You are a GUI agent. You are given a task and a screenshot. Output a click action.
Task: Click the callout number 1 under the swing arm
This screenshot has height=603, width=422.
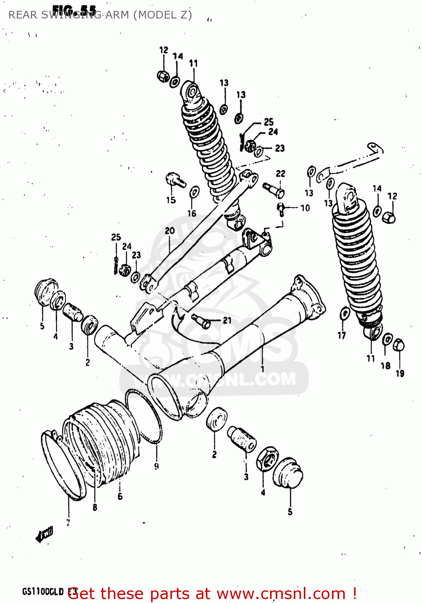(x=262, y=368)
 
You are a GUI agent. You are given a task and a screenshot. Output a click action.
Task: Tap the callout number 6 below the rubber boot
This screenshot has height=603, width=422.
(x=120, y=496)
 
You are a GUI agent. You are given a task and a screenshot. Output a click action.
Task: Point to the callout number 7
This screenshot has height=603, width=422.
(x=68, y=523)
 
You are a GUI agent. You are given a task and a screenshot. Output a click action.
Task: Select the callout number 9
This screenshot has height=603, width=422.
(x=156, y=466)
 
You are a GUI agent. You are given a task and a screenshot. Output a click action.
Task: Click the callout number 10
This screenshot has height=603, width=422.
(x=305, y=208)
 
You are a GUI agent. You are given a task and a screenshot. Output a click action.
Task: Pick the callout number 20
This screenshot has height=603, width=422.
(x=170, y=231)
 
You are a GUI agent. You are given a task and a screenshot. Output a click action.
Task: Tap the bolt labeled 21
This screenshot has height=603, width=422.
(x=201, y=321)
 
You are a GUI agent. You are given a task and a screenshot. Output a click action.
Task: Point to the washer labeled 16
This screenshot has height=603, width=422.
(x=194, y=192)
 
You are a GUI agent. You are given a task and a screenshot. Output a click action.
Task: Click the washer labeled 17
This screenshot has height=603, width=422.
(x=344, y=314)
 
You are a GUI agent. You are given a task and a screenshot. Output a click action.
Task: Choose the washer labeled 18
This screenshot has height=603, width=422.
(x=387, y=339)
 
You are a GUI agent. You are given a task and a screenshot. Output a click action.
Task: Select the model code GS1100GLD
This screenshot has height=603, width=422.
(x=43, y=592)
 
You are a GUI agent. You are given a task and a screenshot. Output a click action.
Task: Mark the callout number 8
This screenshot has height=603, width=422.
(x=95, y=507)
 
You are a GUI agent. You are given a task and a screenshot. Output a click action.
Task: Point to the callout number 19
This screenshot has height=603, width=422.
(x=400, y=373)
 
